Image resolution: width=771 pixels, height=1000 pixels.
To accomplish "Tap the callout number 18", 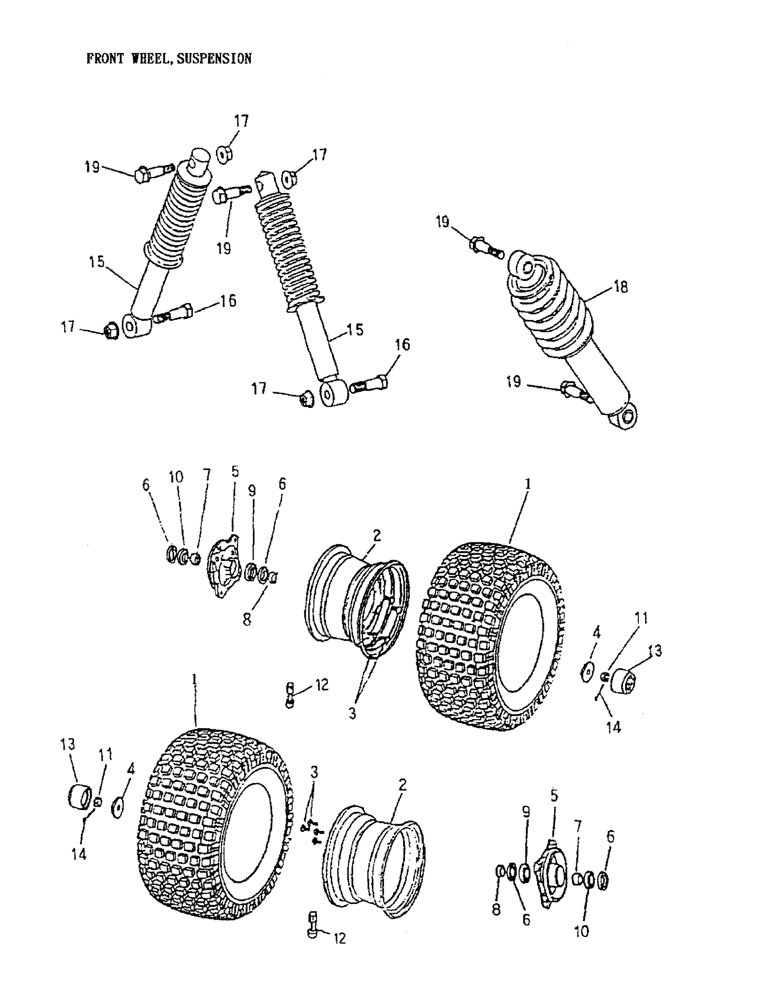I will tap(621, 287).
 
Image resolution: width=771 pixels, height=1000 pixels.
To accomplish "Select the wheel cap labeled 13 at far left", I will tap(80, 797).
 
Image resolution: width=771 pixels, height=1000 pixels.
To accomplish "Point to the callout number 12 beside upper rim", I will tap(321, 685).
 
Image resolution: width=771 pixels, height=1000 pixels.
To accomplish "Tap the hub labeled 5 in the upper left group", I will tap(223, 567).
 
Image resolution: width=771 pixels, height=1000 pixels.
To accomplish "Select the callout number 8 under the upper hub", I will tap(247, 620).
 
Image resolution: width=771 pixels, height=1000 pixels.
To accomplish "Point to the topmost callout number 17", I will tap(241, 121).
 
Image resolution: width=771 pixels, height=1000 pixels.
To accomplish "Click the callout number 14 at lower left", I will tap(79, 854).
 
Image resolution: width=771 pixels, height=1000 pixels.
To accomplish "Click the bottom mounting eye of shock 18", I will tap(625, 417).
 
